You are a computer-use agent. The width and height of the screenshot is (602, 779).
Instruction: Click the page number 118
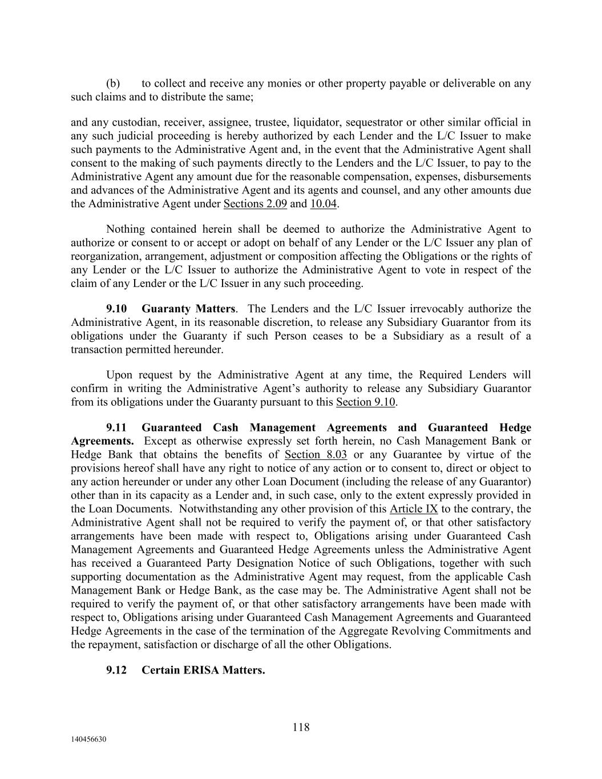point(301,727)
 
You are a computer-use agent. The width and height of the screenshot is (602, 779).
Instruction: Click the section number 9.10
point(116,309)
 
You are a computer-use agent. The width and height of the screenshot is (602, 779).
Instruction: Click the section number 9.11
point(116,427)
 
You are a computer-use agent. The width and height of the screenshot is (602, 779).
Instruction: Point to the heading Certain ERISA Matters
point(203,670)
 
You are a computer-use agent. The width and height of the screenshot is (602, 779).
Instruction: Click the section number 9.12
point(116,670)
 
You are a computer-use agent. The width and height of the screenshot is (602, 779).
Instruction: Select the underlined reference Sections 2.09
point(255,204)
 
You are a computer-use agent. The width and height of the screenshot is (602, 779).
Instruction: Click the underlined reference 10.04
point(323,204)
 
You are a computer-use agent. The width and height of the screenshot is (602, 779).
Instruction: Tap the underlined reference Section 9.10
point(366,402)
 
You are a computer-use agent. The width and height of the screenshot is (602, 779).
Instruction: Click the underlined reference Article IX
point(414,508)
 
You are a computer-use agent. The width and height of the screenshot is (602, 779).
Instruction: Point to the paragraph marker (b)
point(112,83)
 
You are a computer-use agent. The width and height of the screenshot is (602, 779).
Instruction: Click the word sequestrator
point(404,122)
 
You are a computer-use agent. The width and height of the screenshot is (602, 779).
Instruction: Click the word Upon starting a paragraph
point(119,375)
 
